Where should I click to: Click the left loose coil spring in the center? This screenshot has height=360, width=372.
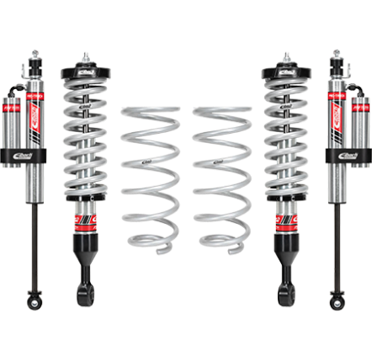pos(149,168)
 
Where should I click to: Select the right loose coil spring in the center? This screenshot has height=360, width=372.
pos(221,168)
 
